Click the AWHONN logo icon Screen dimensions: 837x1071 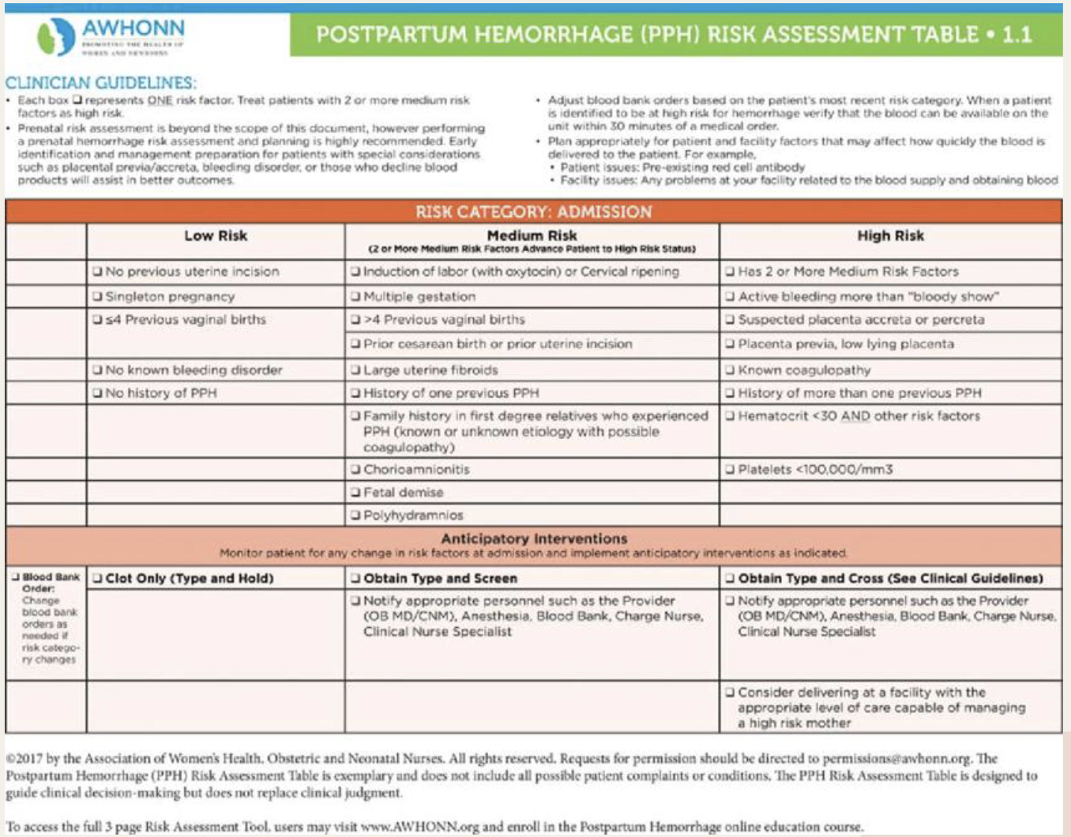point(56,36)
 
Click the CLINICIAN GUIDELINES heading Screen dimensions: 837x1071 point(100,83)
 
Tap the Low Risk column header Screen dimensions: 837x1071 point(216,235)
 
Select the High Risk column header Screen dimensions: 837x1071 point(890,235)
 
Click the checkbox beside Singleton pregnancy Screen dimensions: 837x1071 point(97,297)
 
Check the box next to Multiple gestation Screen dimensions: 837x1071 point(355,297)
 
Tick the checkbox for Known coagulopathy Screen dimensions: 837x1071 point(731,370)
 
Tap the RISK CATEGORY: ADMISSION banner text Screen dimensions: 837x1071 point(534,212)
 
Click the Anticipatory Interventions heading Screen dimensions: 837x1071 point(534,539)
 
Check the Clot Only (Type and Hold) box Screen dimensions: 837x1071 point(97,578)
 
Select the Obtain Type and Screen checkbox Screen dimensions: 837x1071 point(355,578)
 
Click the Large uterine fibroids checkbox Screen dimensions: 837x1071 point(355,370)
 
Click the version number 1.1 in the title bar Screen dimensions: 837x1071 point(1017,35)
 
